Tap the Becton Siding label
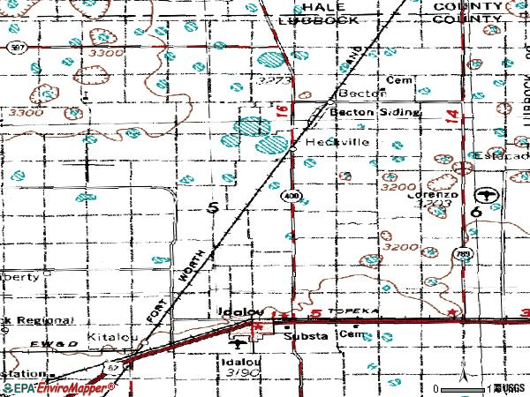(x=363, y=113)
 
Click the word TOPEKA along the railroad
(x=348, y=312)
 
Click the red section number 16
(x=281, y=109)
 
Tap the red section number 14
(x=453, y=115)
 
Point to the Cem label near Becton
(x=404, y=77)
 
